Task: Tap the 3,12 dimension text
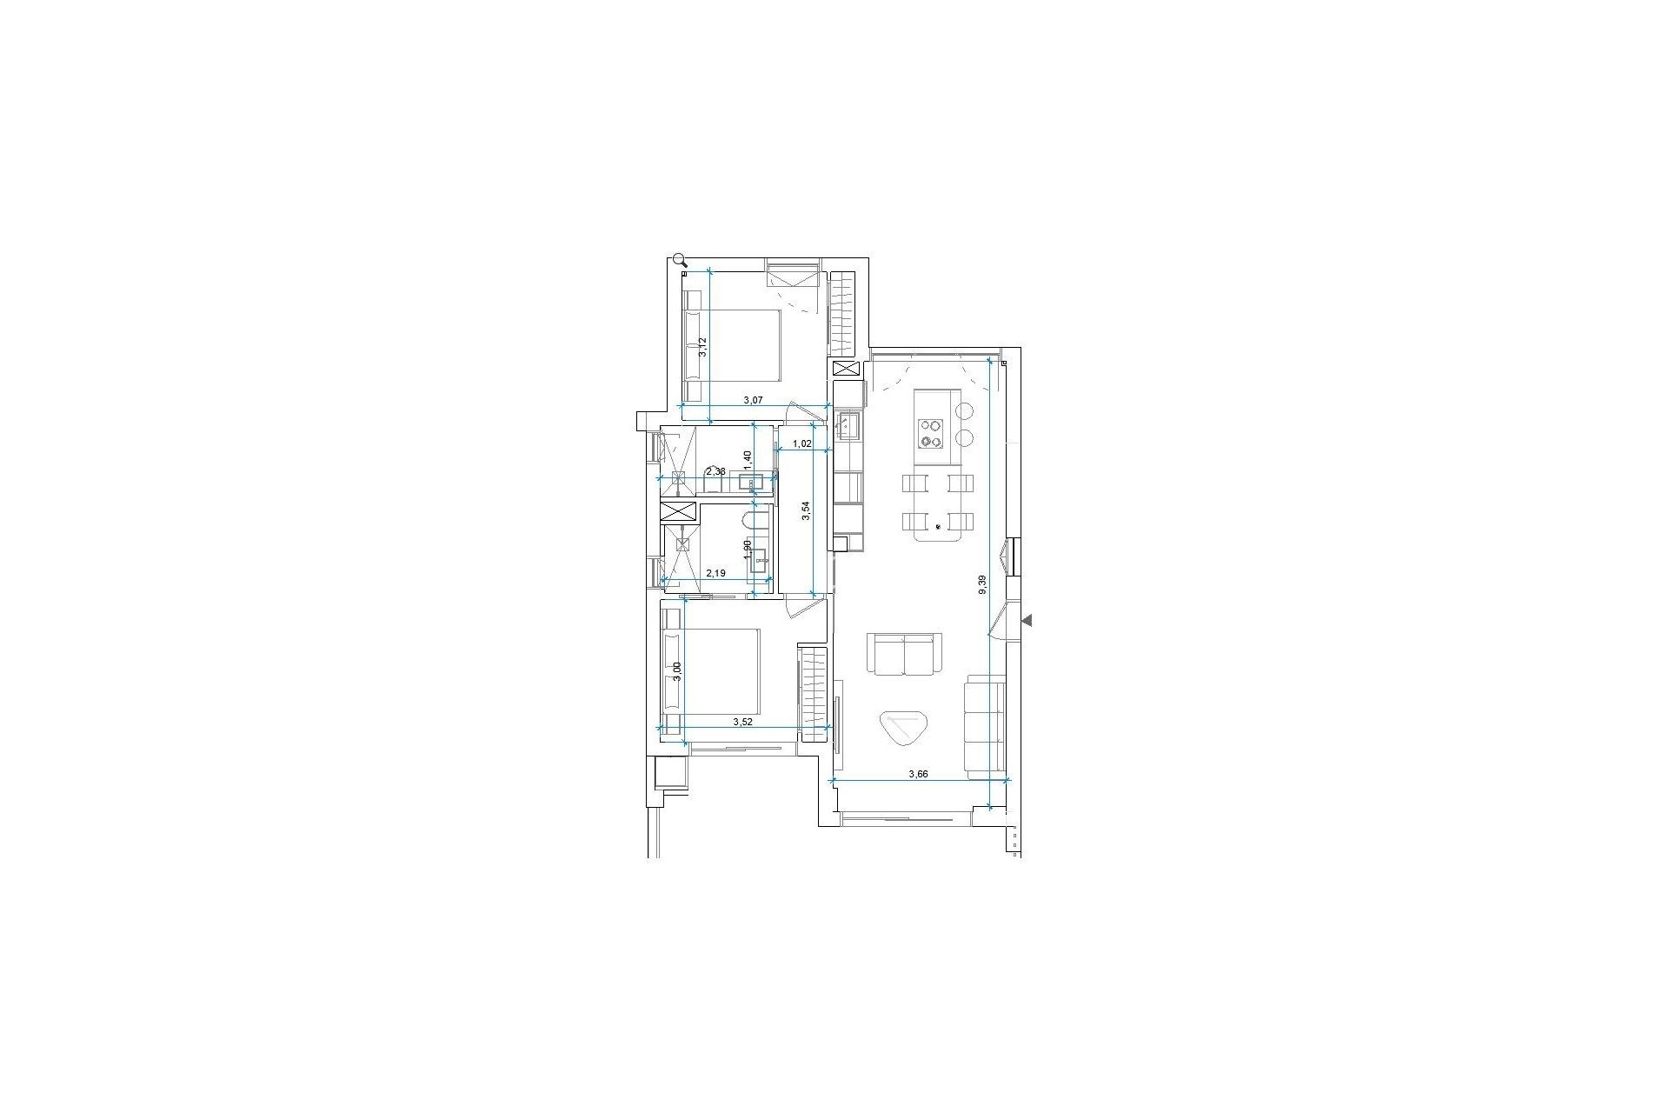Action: tap(704, 348)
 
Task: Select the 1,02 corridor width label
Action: tap(802, 443)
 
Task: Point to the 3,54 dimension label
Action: tap(807, 510)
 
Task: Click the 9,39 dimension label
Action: tap(983, 584)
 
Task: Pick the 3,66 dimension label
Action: tap(919, 774)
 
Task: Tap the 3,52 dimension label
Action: tap(742, 722)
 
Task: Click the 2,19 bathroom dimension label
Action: tap(716, 574)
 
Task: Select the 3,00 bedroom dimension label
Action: tap(678, 672)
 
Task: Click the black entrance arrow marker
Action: tap(1027, 620)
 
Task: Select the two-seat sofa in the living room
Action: tap(904, 654)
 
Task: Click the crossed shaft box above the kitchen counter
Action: tap(846, 369)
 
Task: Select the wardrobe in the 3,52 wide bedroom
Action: tap(814, 694)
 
